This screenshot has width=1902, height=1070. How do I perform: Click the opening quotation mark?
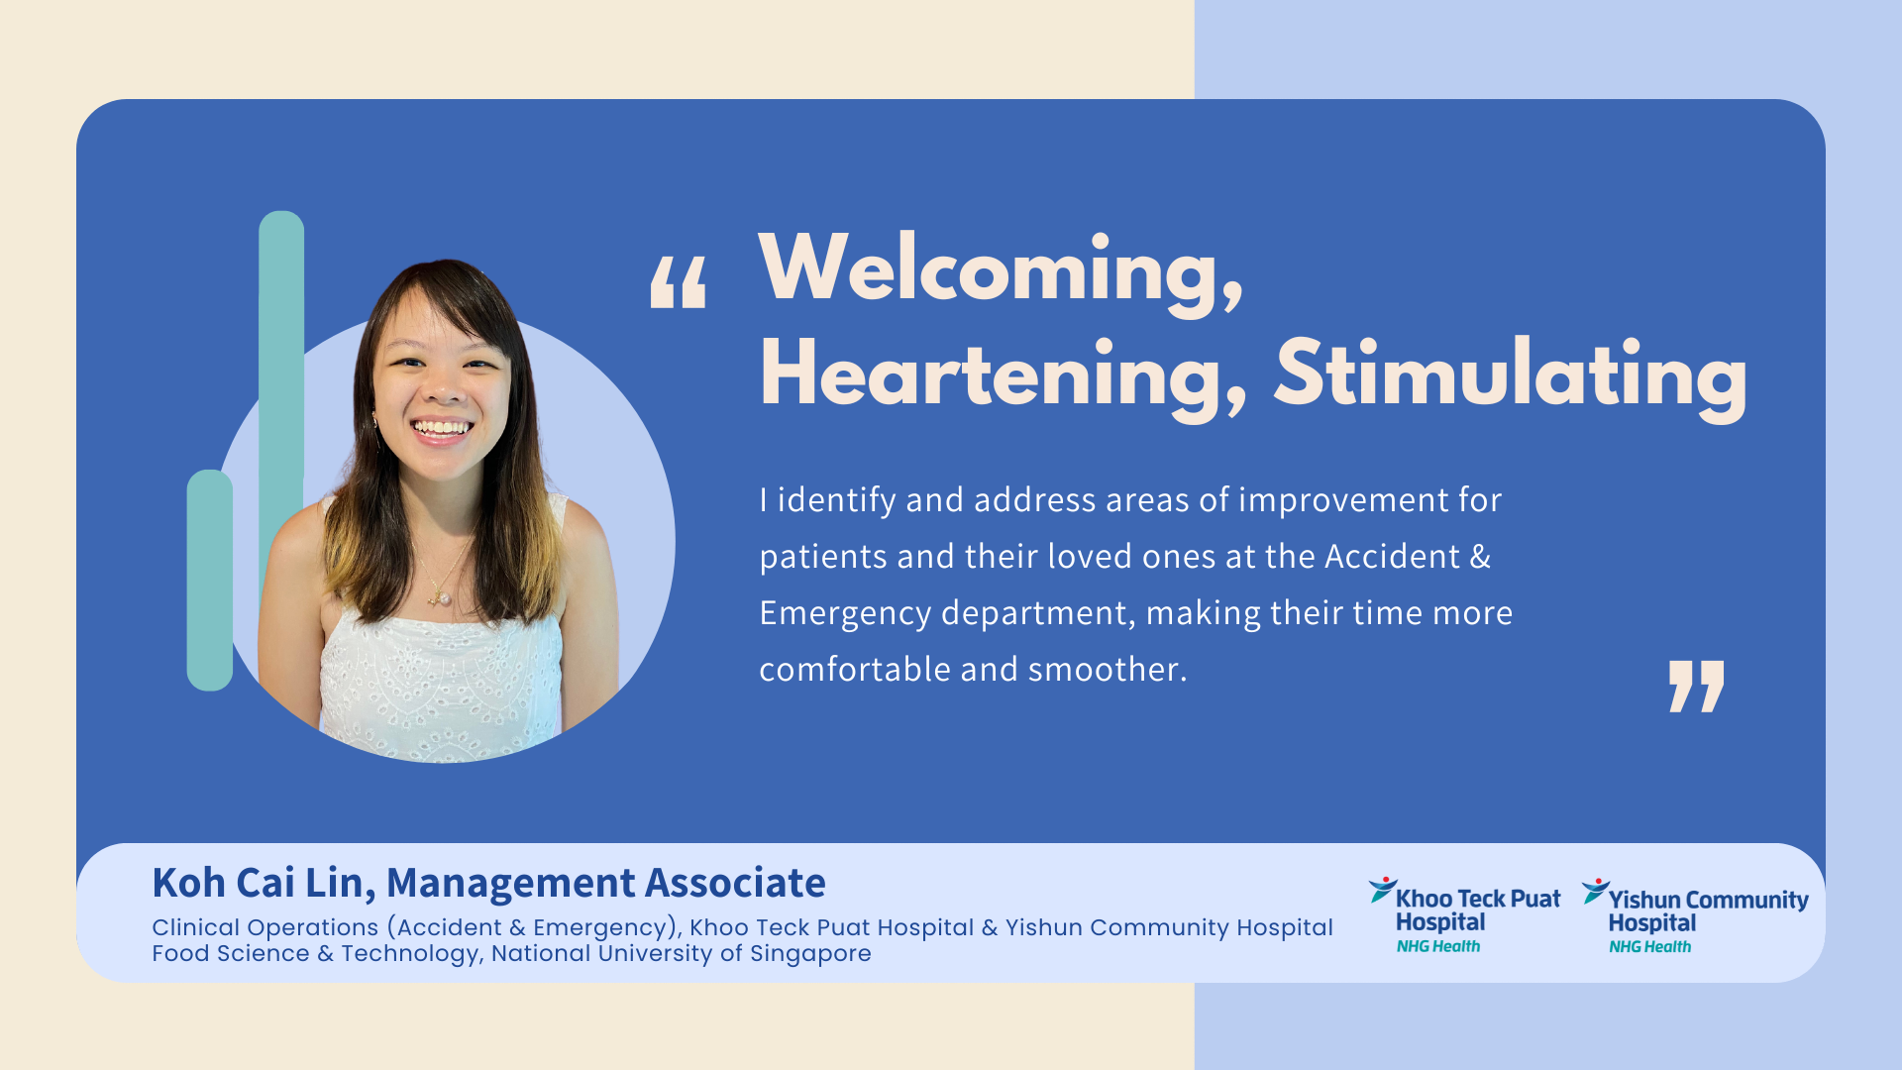(679, 282)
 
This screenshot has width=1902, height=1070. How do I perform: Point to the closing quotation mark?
(1696, 686)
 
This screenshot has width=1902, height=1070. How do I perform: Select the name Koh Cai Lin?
(263, 883)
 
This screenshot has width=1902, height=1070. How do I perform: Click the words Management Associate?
(605, 883)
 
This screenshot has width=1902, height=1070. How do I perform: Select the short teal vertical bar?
(210, 580)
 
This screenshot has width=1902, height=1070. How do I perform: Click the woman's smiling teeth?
(442, 429)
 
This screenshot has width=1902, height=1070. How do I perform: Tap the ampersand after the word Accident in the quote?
(1480, 557)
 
